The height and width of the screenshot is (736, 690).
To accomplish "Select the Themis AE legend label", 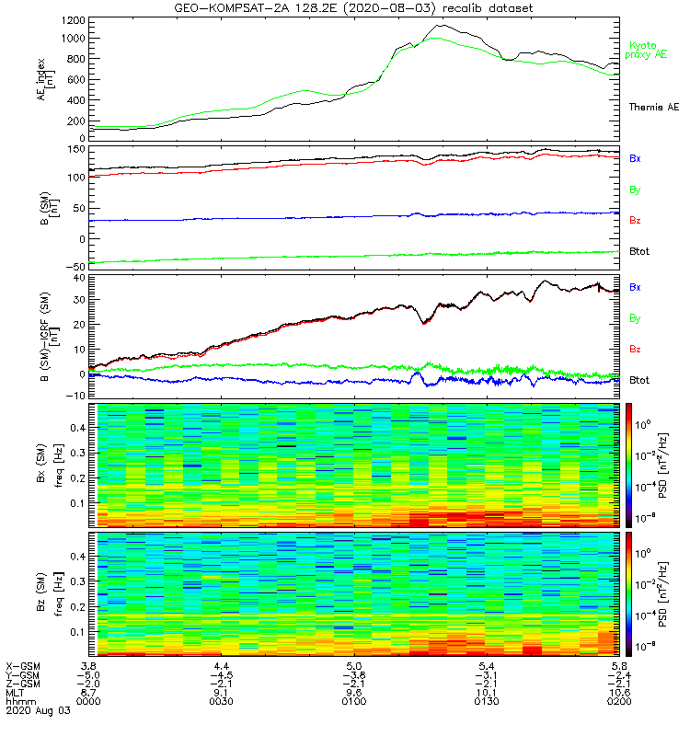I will (x=654, y=108).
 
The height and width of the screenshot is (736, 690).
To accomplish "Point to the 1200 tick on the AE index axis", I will (x=72, y=18).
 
